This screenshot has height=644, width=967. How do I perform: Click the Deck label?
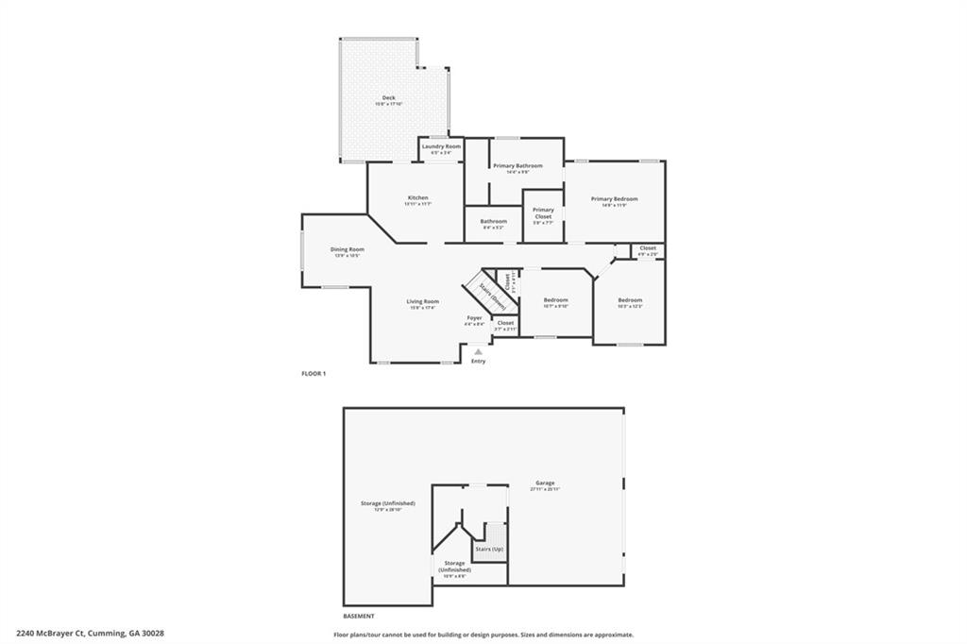coord(388,98)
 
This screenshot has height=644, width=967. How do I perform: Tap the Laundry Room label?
coord(441,146)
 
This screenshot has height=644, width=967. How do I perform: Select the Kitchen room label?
coord(417,198)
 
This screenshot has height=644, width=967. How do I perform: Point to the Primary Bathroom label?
coord(517,166)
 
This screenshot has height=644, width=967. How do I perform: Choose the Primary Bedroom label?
coord(615,199)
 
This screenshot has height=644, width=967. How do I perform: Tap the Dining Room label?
coord(347,250)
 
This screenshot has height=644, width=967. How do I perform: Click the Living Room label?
coord(423,302)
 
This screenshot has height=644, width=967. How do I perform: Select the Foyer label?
coord(474,318)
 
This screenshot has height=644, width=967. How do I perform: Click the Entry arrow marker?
coord(478,351)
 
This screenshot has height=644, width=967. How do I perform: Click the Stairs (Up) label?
coord(489,549)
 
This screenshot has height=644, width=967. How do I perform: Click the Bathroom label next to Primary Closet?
coord(493,222)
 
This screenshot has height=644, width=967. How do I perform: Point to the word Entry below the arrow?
coord(478,362)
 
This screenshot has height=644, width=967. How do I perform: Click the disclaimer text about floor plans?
coord(483,635)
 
